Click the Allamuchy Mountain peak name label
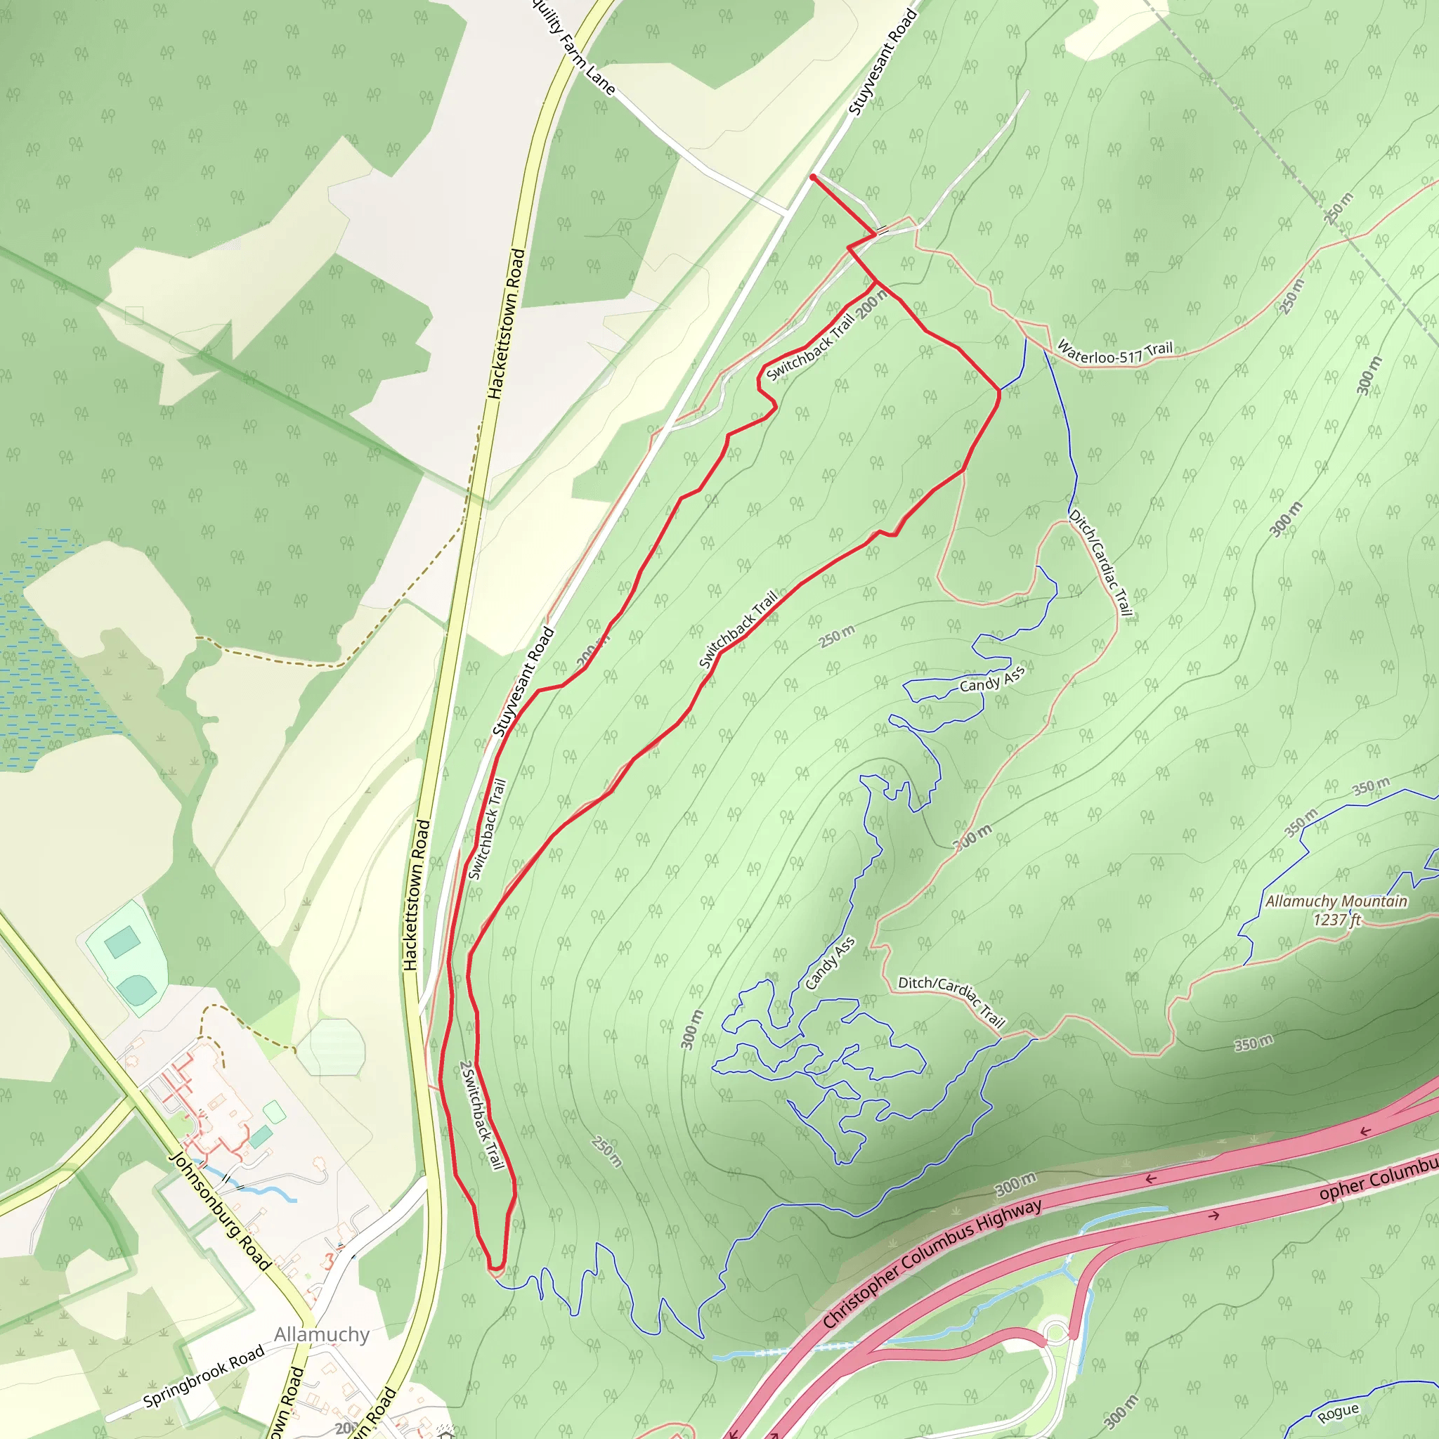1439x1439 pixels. click(1336, 901)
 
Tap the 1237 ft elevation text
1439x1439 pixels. click(1336, 920)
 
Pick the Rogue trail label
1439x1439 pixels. click(1338, 1413)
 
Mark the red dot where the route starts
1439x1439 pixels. click(813, 177)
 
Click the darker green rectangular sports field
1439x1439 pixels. click(122, 942)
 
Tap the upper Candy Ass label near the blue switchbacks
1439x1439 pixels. click(992, 678)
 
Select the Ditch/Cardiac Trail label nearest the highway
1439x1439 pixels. click(951, 1001)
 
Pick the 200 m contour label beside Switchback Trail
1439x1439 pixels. click(871, 302)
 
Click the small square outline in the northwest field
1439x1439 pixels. click(134, 315)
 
